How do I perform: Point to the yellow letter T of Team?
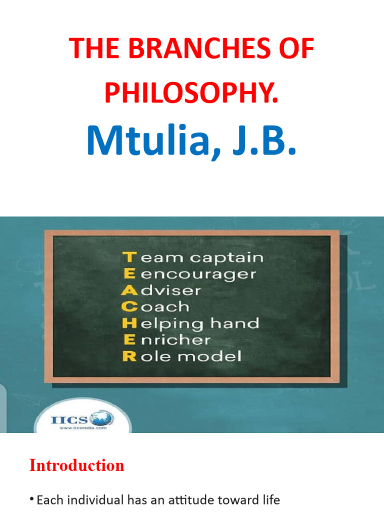point(129,257)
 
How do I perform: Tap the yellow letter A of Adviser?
point(129,290)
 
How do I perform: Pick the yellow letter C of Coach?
point(129,306)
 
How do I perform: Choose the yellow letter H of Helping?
point(129,323)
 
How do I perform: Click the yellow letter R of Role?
point(129,356)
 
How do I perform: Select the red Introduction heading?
point(76,465)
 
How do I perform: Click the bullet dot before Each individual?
point(32,499)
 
